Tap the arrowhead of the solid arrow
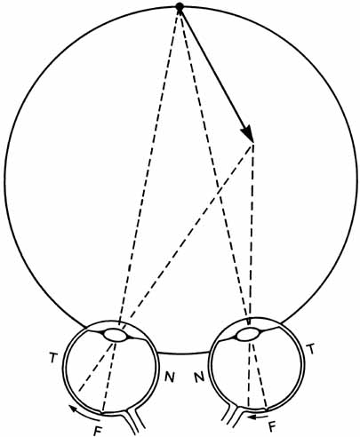click(247, 133)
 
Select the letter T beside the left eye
click(52, 358)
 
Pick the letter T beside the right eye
click(310, 350)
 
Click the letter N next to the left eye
click(169, 377)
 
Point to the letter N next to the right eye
click(199, 377)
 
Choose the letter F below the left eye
click(97, 430)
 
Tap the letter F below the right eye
click(272, 426)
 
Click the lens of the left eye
click(116, 336)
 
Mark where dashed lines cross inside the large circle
click(219, 188)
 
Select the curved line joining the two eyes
click(184, 354)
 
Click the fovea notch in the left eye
click(102, 411)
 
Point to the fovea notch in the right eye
click(268, 409)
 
